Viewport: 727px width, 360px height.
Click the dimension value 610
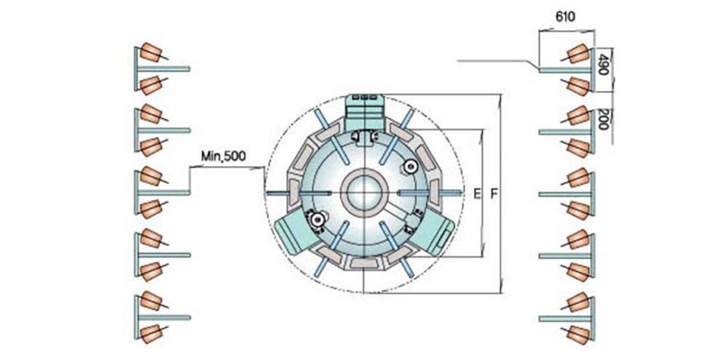[x=565, y=17]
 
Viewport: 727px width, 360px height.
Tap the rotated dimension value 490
[x=602, y=64]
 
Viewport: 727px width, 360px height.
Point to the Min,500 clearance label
[x=223, y=156]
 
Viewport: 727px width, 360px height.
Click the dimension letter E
[x=476, y=195]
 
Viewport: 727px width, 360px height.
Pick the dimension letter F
[x=494, y=195]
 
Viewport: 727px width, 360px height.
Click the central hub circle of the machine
[x=364, y=192]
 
